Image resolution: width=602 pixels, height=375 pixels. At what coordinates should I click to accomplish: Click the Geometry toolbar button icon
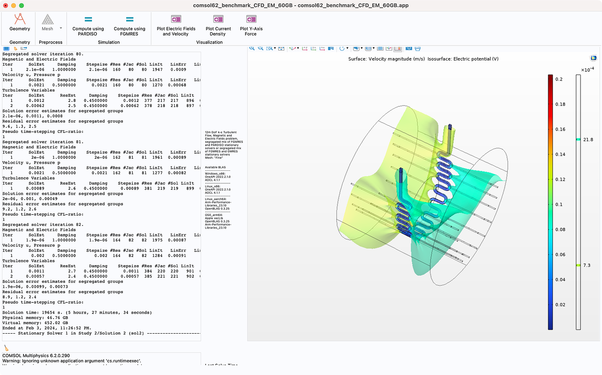coord(20,19)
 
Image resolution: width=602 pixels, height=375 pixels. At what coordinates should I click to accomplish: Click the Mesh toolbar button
coord(48,23)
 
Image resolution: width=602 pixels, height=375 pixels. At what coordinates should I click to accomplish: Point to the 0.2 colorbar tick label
coord(559,79)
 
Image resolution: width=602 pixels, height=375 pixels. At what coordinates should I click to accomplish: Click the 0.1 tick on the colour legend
coord(559,205)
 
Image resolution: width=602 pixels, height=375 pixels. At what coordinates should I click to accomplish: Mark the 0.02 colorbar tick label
coord(560,305)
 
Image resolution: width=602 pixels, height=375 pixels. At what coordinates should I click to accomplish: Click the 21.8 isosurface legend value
coord(588,140)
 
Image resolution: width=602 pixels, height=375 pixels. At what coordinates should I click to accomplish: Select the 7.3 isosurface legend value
coord(587,266)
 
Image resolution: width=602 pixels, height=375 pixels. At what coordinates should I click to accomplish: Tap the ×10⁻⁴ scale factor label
coord(587,70)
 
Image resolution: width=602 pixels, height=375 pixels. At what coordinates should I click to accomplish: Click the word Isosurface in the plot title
coord(439,59)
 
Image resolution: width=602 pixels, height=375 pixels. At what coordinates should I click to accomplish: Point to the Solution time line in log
coord(77,313)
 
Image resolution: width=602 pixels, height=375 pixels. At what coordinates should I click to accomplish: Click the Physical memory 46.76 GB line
coord(35,318)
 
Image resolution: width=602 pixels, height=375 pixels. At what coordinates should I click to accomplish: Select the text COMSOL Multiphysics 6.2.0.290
coord(36,356)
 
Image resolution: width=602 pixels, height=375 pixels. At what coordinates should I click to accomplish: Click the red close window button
coord(5,5)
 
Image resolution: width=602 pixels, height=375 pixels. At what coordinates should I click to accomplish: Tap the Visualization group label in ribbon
coord(209,42)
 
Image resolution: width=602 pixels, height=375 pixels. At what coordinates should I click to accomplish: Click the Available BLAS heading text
coord(215,167)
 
